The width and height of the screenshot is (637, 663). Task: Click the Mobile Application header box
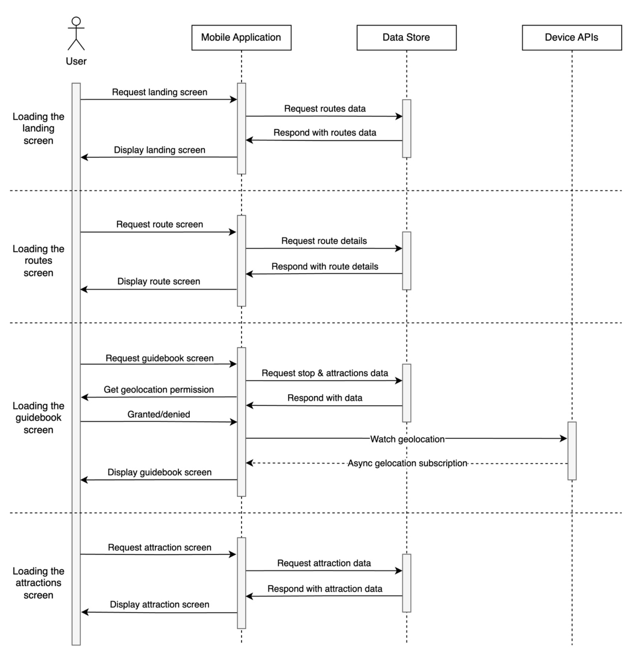pos(241,37)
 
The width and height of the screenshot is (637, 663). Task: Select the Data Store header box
pos(406,37)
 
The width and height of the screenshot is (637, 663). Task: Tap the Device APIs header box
pos(571,37)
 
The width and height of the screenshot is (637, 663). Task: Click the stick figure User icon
pos(76,34)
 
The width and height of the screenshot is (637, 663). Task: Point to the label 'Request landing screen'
pos(159,92)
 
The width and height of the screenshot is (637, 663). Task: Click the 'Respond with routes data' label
pos(324,133)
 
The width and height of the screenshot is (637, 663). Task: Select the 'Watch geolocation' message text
pos(407,439)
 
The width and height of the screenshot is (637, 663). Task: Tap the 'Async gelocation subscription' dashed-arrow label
pos(407,463)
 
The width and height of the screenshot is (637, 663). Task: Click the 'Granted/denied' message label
pos(159,414)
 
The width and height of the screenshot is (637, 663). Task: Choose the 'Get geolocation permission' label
pos(159,390)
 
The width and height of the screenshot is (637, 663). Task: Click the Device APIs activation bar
pos(571,451)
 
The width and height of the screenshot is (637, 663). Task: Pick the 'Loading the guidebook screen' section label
pos(38,418)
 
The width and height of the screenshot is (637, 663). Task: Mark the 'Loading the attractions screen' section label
pos(38,583)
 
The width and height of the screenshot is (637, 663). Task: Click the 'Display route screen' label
pos(159,281)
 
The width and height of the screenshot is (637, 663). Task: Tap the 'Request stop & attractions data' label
pos(324,373)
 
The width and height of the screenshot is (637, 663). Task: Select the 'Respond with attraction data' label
pos(324,589)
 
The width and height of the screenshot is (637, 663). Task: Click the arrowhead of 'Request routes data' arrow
pos(399,116)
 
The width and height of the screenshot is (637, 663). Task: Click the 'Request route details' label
pos(324,241)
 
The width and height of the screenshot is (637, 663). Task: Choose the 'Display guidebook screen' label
pos(159,472)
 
